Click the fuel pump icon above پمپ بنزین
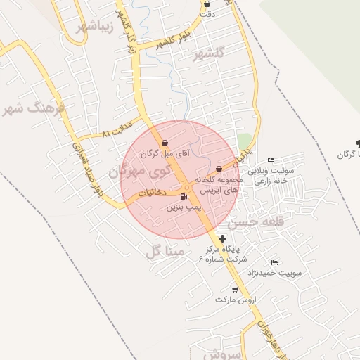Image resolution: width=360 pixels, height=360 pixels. (184, 196)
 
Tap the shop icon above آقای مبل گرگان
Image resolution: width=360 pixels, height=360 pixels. (165, 143)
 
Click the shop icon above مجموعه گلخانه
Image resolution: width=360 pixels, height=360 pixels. (219, 169)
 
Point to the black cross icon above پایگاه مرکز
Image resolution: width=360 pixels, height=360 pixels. (223, 239)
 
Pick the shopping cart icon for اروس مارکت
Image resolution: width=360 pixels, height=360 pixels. (234, 289)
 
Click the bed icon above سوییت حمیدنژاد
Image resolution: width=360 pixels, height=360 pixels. (274, 262)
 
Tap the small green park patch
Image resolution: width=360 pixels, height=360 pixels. (244, 141)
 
